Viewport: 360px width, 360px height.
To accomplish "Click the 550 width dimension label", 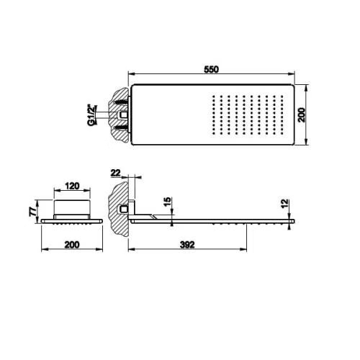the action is coord(211,69).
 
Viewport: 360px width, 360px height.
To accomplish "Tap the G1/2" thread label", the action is coord(91,115).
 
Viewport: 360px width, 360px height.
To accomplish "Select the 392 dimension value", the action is coord(187,245).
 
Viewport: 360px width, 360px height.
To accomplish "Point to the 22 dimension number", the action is coord(115,173).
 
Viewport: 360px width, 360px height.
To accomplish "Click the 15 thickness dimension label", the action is coord(168,202).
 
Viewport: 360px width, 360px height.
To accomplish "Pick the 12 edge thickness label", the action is coord(285,204).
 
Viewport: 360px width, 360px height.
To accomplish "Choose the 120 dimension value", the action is coord(72,186).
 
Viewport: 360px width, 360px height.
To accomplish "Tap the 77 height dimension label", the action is coord(33,212).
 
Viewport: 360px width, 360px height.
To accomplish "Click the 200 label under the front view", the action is coord(72,245).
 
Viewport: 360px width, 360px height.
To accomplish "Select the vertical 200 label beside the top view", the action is coord(302,115).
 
